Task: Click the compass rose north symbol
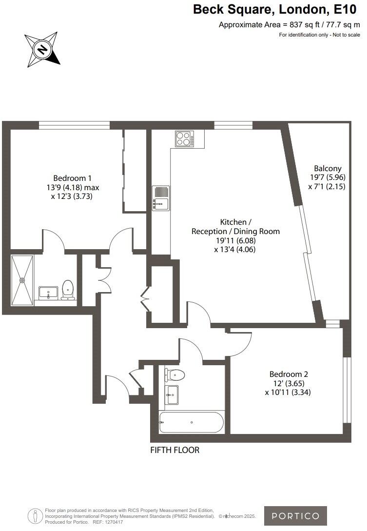coord(42,49)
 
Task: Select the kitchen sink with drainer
coord(160,197)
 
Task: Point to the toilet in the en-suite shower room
coord(68,290)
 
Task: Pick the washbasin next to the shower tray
coord(48,293)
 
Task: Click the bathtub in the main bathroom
coord(191,422)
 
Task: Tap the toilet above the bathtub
coord(174,375)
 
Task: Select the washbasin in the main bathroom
coord(172,394)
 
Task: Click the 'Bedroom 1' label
coord(72,178)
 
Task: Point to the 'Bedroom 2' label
coord(289,374)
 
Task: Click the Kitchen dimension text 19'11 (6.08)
coord(234,240)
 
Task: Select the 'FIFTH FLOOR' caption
coord(175,450)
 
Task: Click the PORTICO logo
coord(295,516)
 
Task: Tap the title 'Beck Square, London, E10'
coord(275,9)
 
